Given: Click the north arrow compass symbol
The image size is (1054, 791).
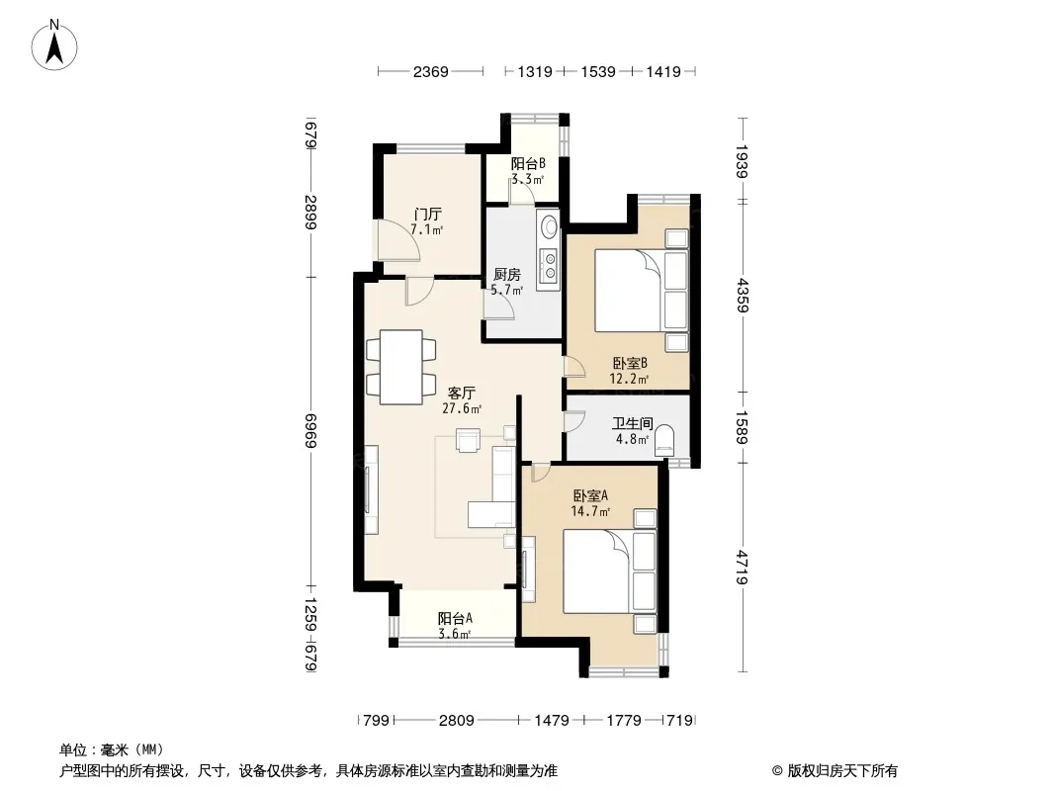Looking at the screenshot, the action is click(x=54, y=45).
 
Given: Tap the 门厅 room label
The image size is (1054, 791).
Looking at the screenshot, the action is click(x=427, y=215).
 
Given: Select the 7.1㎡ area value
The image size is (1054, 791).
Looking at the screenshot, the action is click(x=426, y=229).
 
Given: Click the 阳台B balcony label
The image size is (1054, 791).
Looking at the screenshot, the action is click(x=528, y=163).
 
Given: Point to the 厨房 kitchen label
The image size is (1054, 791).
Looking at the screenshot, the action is click(x=507, y=274).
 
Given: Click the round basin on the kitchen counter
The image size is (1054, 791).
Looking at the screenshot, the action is click(x=549, y=224).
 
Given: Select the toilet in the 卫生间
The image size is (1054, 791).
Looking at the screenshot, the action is click(x=664, y=440).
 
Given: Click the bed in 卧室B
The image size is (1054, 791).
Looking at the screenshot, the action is click(x=641, y=291).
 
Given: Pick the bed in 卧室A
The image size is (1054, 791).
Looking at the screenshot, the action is click(x=608, y=571).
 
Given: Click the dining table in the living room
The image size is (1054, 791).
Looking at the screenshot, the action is click(x=401, y=367).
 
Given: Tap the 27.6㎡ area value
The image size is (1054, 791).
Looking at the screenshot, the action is click(x=461, y=408).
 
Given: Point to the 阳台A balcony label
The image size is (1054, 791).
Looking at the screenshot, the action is click(x=455, y=618).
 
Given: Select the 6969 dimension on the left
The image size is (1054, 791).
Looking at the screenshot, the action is click(x=310, y=431).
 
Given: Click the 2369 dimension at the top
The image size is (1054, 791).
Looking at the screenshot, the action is click(x=430, y=71).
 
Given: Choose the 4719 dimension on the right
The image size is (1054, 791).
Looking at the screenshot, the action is click(x=742, y=567).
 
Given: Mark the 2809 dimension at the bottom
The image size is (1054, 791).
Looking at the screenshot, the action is click(x=457, y=721).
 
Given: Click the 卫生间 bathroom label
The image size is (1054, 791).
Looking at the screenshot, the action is click(x=632, y=423).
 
